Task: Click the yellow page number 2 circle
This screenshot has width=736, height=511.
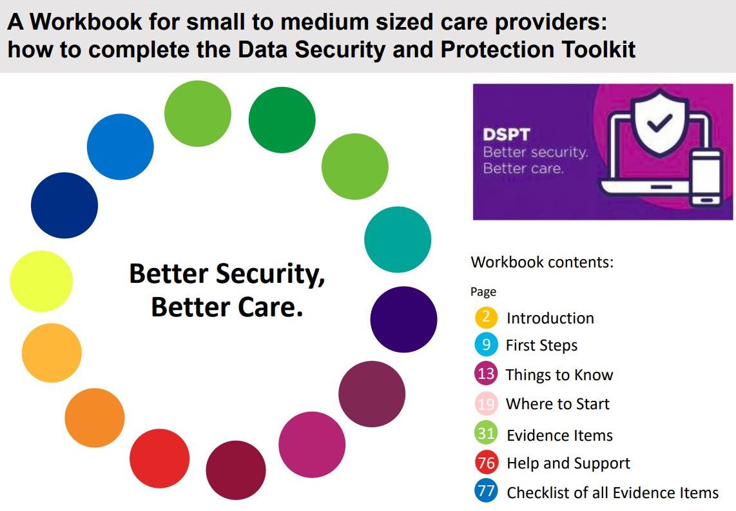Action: pos(486,317)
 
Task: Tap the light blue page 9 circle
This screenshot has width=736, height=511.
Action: pos(486,345)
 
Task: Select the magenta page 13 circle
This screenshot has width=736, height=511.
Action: pos(486,374)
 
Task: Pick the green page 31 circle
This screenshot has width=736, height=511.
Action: pos(486,434)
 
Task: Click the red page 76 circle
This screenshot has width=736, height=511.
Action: pos(486,463)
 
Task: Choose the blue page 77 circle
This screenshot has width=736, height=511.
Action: pos(486,492)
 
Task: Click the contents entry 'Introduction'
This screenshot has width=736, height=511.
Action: pos(550,318)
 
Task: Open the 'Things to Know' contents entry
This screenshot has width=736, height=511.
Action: pos(559,375)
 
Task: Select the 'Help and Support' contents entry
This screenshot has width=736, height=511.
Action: pos(568,463)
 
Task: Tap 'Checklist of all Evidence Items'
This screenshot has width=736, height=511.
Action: pos(612,493)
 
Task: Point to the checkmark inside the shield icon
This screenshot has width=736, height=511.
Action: pos(659,120)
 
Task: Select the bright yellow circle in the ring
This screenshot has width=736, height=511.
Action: pos(41,282)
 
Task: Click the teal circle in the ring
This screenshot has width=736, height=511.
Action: pos(397,240)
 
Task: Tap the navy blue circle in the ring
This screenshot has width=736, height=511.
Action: pos(64,206)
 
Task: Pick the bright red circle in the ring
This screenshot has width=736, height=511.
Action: pos(159,458)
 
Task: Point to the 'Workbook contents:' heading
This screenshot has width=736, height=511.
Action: pos(542,262)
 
